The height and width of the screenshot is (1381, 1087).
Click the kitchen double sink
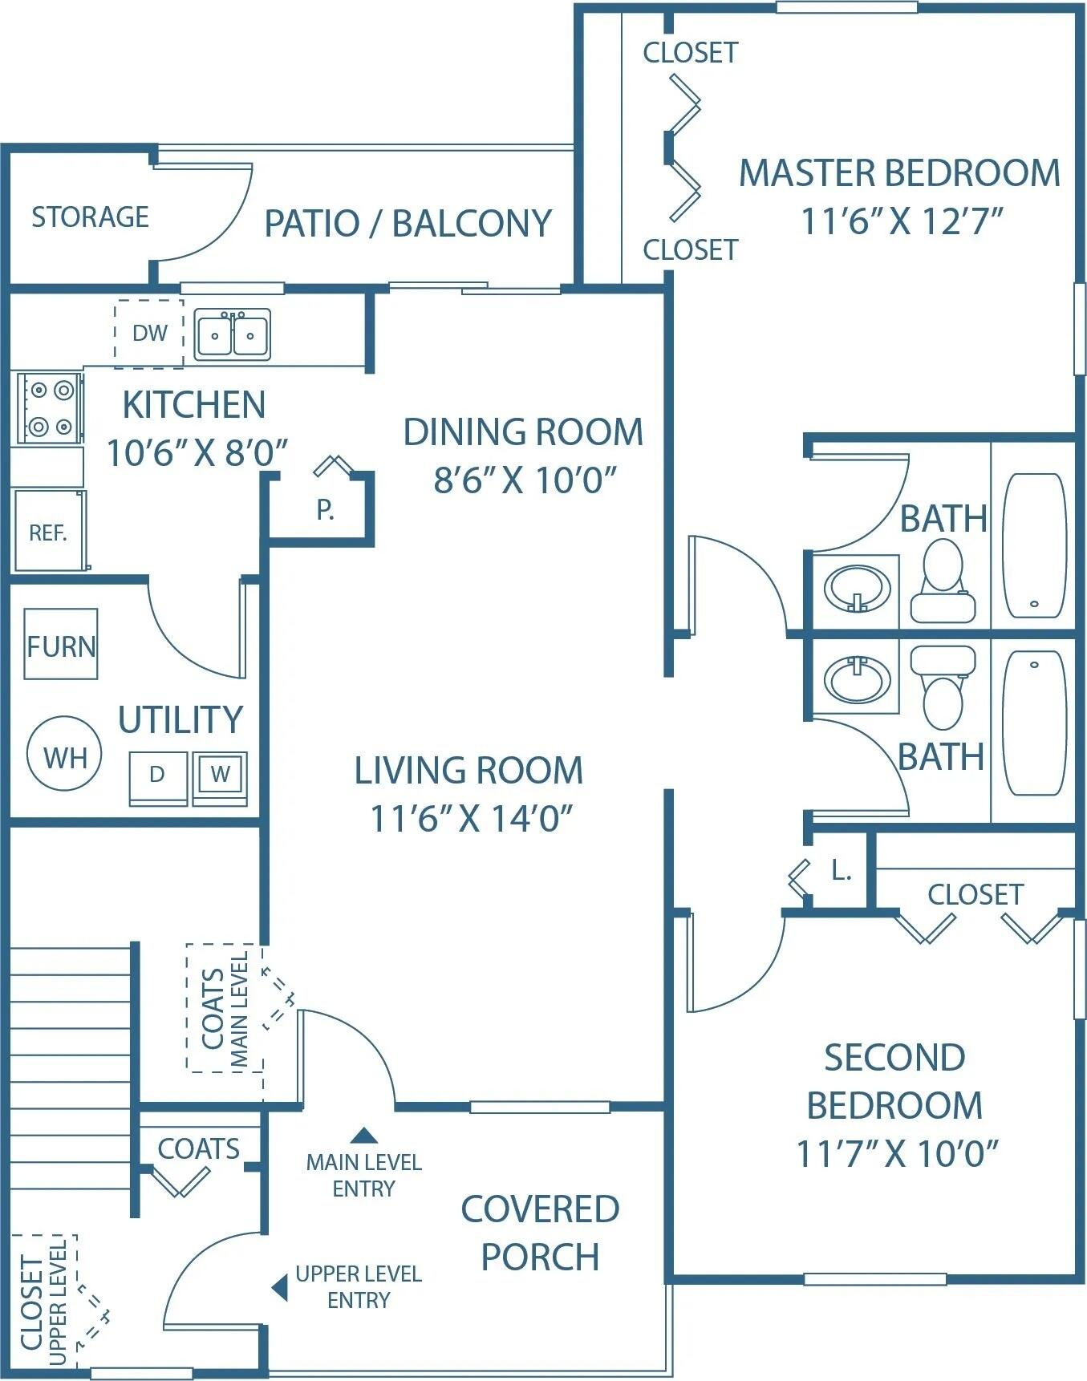click(x=233, y=335)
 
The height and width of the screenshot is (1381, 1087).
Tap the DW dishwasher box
click(x=149, y=334)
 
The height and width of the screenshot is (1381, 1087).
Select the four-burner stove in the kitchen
click(x=49, y=407)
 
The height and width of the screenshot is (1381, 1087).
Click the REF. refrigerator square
click(x=48, y=531)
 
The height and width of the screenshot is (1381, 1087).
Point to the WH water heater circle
click(x=64, y=755)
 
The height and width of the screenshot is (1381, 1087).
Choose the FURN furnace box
click(x=61, y=645)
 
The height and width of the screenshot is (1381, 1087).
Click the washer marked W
click(x=220, y=775)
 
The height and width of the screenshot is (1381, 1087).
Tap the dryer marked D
click(x=158, y=775)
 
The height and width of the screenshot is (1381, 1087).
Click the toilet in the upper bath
click(x=943, y=579)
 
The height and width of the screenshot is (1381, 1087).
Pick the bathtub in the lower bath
click(x=1035, y=723)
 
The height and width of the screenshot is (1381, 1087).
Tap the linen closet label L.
click(x=840, y=870)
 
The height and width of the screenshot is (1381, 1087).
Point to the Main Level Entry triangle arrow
click(x=364, y=1135)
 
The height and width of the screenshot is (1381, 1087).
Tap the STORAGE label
click(x=90, y=217)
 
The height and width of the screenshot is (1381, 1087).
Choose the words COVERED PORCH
click(x=540, y=1233)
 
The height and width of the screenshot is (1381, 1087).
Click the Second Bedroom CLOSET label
click(x=975, y=894)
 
